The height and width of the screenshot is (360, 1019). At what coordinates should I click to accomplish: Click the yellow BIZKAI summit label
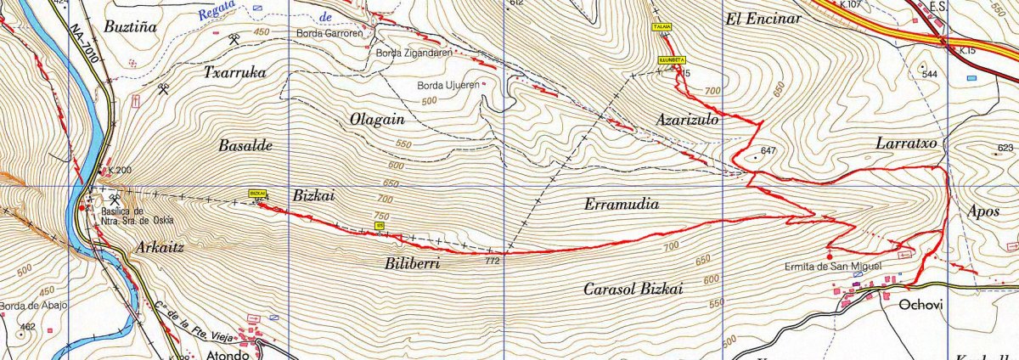[257, 194]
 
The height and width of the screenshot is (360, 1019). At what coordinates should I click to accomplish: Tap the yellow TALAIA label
[662, 27]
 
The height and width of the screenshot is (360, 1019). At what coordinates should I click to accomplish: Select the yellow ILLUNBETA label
[672, 60]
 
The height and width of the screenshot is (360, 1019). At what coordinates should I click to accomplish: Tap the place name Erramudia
[622, 205]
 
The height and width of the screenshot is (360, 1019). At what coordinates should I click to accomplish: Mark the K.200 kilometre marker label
[120, 171]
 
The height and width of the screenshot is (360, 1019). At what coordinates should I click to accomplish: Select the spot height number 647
[769, 151]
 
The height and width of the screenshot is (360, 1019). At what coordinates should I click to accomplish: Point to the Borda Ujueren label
[448, 86]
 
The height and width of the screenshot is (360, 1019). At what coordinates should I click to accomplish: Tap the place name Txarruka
[234, 73]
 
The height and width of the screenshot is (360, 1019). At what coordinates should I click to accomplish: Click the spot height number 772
[491, 261]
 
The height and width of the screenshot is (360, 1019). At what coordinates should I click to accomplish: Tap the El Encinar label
[758, 18]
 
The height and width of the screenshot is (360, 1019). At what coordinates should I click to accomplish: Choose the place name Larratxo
[905, 144]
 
